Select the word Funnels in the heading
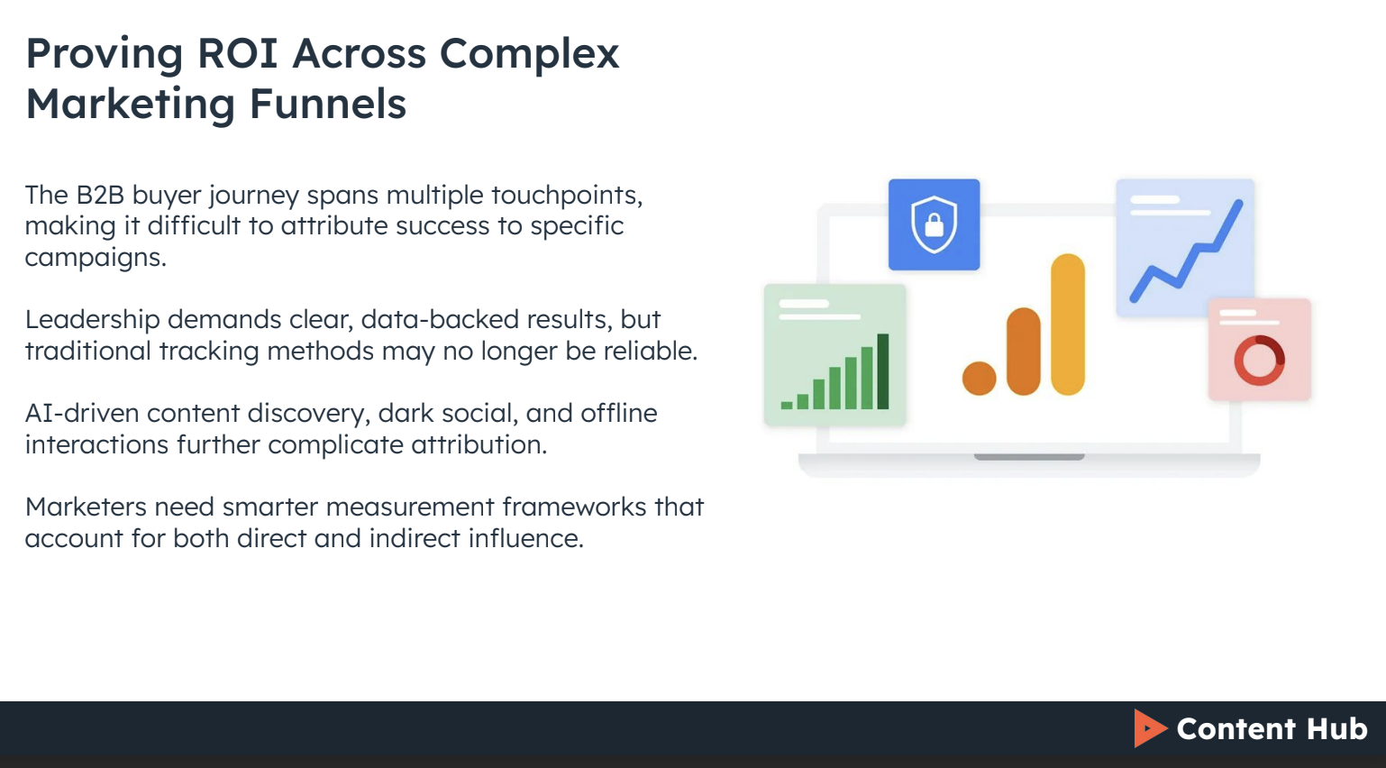[x=328, y=104]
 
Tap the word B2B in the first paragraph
[x=99, y=195]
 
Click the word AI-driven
[x=82, y=413]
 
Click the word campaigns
[x=95, y=258]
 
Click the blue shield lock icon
[x=934, y=224]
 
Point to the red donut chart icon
[x=1259, y=360]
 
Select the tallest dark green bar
[x=883, y=371]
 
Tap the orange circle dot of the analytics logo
[x=979, y=379]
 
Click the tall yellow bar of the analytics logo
[x=1068, y=325]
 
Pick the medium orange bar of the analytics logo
[x=1024, y=352]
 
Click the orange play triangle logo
[x=1149, y=728]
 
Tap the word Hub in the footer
[x=1337, y=728]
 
